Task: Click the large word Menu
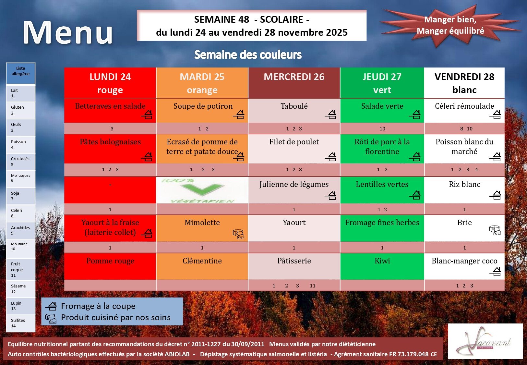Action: tap(68, 32)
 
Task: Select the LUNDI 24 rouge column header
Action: tap(110, 83)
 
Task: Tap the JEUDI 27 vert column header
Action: tap(382, 83)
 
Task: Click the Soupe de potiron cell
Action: tap(202, 110)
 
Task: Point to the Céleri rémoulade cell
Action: tap(464, 110)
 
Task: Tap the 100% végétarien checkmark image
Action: tap(202, 190)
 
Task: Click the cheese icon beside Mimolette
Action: tap(238, 234)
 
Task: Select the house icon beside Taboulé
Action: tap(330, 115)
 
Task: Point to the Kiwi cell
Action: tap(382, 266)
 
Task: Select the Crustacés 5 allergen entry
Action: tap(20, 162)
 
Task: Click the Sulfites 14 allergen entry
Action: tap(20, 323)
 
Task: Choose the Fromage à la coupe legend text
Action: tap(98, 306)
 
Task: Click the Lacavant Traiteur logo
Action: tap(485, 341)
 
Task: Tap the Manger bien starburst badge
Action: tap(450, 25)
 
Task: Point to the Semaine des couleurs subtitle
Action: tap(248, 55)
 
